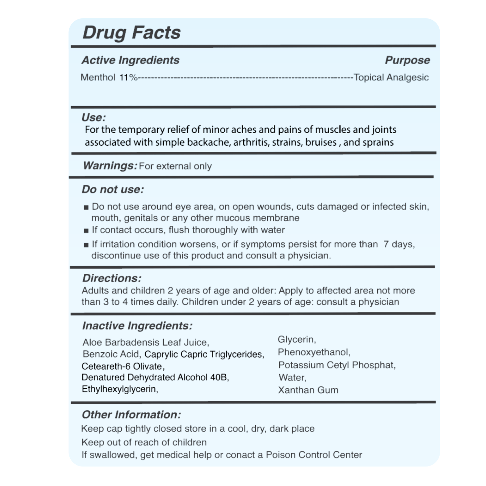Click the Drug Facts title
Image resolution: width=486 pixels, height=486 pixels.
tap(132, 33)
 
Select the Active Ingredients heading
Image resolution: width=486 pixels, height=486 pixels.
tap(130, 60)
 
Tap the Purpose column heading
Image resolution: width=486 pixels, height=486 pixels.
tap(407, 60)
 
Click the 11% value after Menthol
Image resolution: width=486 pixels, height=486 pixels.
tap(128, 78)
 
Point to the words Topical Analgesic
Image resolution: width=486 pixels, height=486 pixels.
tap(391, 78)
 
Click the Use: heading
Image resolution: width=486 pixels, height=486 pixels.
tap(94, 118)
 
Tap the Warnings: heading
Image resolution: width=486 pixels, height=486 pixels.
tap(110, 166)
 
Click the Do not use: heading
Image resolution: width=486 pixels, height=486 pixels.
tap(113, 190)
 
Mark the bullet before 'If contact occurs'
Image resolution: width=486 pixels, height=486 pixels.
tap(86, 231)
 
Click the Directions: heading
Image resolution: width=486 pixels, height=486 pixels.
tap(112, 278)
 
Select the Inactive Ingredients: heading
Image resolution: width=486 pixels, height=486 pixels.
tap(137, 326)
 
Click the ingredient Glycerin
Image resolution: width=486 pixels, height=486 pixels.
tap(297, 340)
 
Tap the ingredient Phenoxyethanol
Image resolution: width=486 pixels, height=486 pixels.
tap(314, 352)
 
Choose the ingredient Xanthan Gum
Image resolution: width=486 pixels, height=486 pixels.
tap(308, 390)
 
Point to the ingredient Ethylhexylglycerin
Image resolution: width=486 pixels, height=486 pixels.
tap(120, 389)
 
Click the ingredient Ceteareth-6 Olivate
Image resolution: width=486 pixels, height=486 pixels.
tap(123, 366)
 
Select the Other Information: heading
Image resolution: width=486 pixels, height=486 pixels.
tap(131, 415)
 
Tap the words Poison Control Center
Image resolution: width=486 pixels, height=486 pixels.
tap(314, 455)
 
